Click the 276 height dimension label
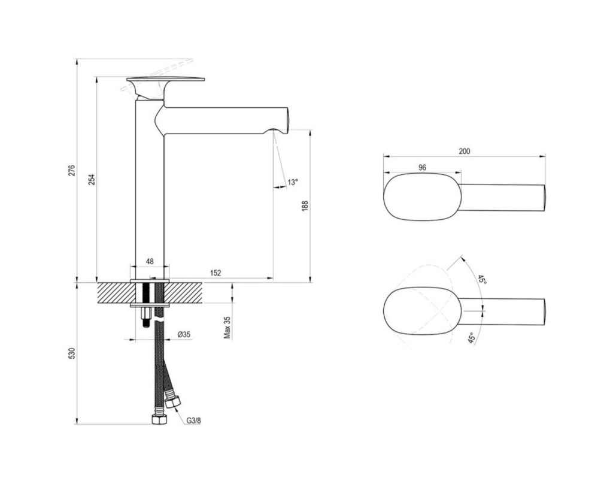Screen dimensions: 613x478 (71, 171)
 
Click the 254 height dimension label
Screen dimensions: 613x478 (91, 179)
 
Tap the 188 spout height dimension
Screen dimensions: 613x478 (305, 206)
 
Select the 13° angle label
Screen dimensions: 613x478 (293, 182)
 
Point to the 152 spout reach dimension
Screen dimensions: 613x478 (216, 273)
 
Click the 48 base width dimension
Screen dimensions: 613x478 (149, 261)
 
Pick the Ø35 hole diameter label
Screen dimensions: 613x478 (184, 334)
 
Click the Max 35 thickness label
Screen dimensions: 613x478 (227, 328)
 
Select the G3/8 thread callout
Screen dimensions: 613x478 (193, 421)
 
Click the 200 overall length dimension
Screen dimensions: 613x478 (464, 151)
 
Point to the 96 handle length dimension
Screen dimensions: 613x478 (422, 167)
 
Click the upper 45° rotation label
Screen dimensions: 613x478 (481, 280)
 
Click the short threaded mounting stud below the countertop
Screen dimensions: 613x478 (146, 317)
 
